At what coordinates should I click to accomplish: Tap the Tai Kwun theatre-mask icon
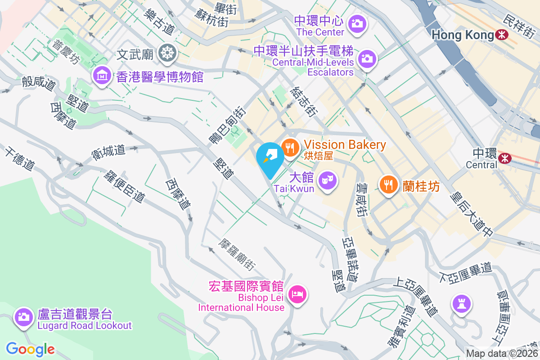point(327,181)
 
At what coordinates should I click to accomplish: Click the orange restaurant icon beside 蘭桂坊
point(388,184)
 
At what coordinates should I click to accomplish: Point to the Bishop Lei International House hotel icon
point(298,295)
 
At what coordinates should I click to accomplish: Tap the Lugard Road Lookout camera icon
point(23,316)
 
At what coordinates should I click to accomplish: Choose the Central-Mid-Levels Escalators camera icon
point(367,58)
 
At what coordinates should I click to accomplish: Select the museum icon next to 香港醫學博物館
point(102,76)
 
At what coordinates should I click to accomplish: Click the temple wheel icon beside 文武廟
point(168,54)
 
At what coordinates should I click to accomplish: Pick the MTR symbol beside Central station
point(505,157)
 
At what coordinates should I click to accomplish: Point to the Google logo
point(31,349)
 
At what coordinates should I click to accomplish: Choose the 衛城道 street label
point(108,150)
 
